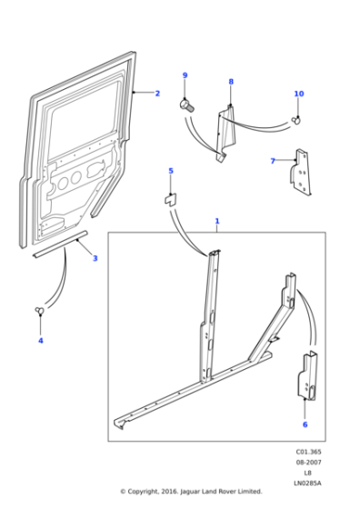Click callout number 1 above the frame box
tap(216, 221)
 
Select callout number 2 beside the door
tap(156, 94)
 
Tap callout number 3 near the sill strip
tap(95, 258)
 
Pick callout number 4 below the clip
tap(40, 341)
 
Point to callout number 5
tap(170, 171)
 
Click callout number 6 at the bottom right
tap(305, 424)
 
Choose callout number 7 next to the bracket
tap(273, 161)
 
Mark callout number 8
tap(231, 82)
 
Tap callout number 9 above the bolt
tap(185, 75)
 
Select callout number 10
tap(299, 95)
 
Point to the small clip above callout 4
tap(41, 312)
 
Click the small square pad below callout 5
tap(169, 197)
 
